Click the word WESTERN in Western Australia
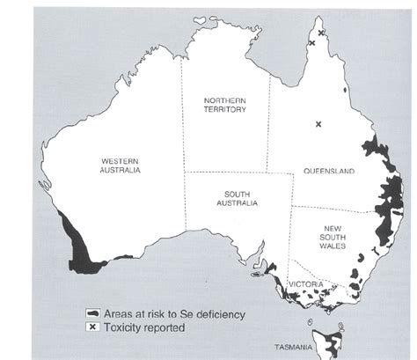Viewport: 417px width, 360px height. (121, 161)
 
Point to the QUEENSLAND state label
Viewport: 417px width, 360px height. (327, 172)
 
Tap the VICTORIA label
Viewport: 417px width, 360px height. (307, 284)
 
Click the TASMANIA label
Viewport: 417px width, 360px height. (293, 348)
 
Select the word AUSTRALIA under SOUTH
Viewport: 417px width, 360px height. (237, 203)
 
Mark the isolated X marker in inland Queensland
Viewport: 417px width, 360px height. (318, 125)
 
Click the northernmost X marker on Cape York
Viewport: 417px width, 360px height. (321, 33)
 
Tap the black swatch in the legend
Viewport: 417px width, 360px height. (91, 313)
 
